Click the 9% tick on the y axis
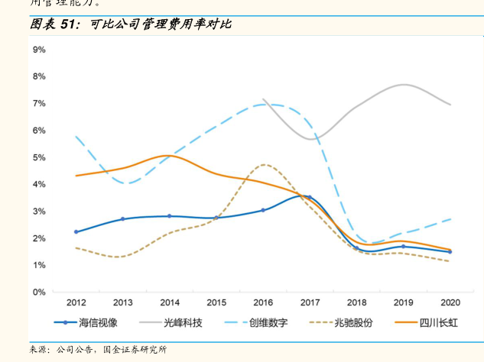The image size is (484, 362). point(38,49)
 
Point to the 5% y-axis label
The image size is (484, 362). point(38,157)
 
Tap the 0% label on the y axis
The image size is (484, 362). point(38,292)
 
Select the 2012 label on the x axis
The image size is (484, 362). point(76,302)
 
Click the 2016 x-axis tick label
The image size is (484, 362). point(263,302)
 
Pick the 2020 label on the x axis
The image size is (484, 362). point(450,302)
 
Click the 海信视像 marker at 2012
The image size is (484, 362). point(76,231)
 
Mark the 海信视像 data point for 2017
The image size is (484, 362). point(310,197)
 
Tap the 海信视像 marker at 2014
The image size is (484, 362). point(170,216)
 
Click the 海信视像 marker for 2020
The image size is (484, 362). point(450,251)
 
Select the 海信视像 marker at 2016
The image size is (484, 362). point(263,210)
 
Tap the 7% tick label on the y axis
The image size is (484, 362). point(38,103)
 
